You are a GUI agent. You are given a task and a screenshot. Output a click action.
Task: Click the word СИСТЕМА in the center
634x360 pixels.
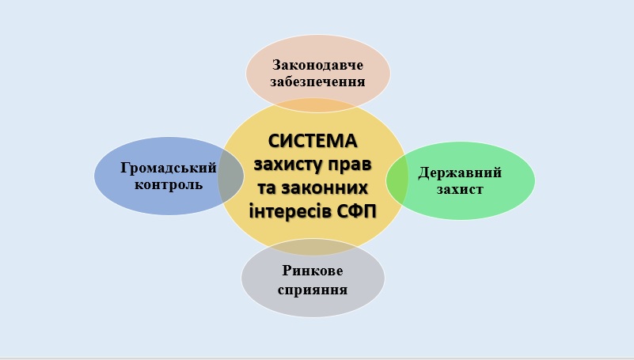coord(313,141)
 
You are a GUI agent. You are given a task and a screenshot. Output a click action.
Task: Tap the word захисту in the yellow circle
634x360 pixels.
coord(286,165)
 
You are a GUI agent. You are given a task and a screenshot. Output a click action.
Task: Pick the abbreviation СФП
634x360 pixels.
coord(356,211)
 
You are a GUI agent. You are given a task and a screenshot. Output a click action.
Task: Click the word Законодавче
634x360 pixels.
coord(318,65)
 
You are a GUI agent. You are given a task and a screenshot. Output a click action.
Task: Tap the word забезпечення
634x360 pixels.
coord(318,82)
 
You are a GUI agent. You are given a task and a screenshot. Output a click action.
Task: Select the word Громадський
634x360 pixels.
coord(169,168)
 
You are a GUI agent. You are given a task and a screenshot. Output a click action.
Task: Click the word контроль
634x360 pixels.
coord(169,185)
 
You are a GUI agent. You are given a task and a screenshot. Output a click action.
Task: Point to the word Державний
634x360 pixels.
coord(460,173)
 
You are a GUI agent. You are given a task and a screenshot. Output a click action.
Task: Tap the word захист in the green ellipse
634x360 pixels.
coord(460,190)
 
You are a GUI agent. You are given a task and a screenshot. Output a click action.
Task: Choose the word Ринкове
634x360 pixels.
coord(313,271)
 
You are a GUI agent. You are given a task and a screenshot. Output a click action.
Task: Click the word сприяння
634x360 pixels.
coord(313,290)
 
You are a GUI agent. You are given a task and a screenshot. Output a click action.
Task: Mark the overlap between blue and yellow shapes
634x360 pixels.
coord(231,176)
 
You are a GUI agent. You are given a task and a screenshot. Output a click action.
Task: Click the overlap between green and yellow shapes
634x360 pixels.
coord(397,180)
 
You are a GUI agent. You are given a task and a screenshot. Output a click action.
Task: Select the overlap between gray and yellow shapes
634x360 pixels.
coord(313,247)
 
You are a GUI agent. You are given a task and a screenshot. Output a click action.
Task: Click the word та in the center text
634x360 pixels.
coord(266,188)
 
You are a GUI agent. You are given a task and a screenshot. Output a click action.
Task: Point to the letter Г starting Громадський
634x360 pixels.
coord(126,167)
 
